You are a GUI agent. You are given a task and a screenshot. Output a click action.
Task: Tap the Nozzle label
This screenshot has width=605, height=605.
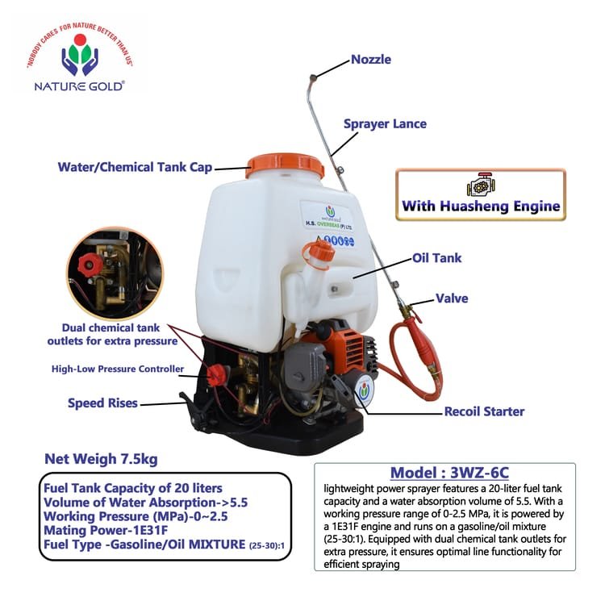pyautogui.click(x=370, y=60)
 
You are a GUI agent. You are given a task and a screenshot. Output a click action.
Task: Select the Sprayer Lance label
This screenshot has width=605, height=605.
pyautogui.click(x=385, y=124)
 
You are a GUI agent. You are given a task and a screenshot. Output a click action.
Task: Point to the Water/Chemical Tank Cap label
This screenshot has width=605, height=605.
pyautogui.click(x=135, y=168)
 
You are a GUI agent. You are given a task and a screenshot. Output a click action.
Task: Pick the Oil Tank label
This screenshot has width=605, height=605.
pyautogui.click(x=436, y=258)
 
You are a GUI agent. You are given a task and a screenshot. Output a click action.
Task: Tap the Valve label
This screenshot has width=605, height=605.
pyautogui.click(x=452, y=298)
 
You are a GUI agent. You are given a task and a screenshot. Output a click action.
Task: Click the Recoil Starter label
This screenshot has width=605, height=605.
pyautogui.click(x=484, y=411)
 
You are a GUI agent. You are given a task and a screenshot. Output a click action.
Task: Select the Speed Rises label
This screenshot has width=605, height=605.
pyautogui.click(x=102, y=403)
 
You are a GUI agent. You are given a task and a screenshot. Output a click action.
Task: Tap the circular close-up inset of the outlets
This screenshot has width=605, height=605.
pyautogui.click(x=114, y=272)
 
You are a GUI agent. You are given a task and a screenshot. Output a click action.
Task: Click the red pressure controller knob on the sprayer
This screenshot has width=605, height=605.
pyautogui.click(x=216, y=374)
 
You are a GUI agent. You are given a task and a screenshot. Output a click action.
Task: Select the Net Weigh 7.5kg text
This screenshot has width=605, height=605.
pyautogui.click(x=101, y=460)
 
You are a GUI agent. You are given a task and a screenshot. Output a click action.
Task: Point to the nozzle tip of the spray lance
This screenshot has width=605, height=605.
pyautogui.click(x=310, y=77)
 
